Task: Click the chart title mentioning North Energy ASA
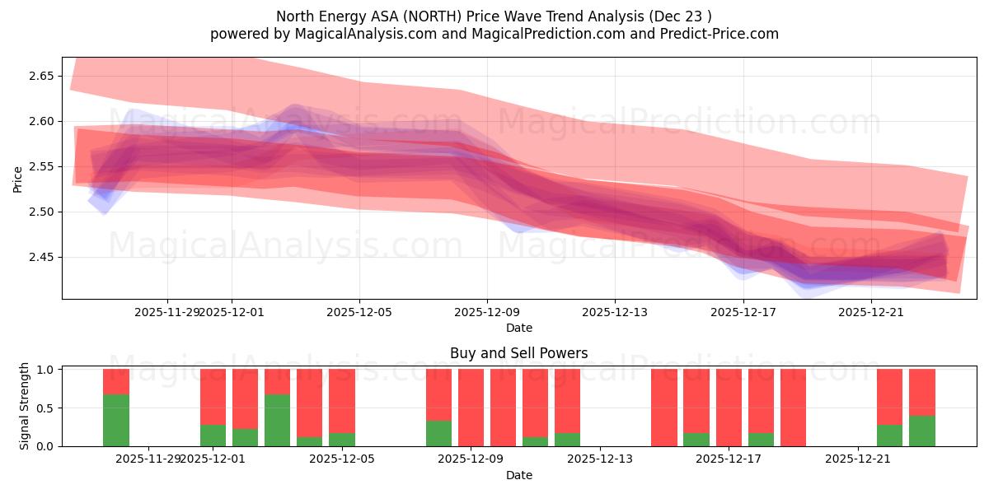(494, 16)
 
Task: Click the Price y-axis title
(18, 178)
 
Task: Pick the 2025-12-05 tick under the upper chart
(359, 312)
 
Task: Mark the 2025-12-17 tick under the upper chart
(743, 312)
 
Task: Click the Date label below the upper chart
(518, 328)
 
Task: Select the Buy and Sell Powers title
(518, 353)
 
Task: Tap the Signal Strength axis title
(25, 406)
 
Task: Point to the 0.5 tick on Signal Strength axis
(46, 408)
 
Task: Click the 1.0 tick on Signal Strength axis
(46, 370)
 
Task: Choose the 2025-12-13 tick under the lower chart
(600, 459)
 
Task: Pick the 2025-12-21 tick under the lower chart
(858, 459)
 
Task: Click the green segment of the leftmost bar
(116, 420)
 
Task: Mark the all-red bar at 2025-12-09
(471, 408)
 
